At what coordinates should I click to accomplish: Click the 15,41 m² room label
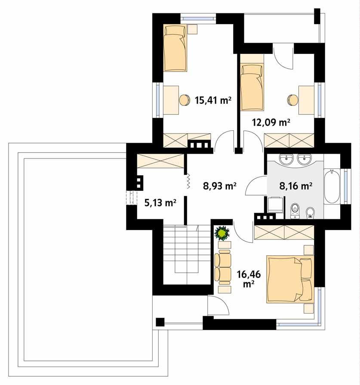pos(213,100)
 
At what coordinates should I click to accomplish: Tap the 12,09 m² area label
pos(271,123)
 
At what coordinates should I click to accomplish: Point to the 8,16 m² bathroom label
pos(295,186)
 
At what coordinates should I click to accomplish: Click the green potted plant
pos(222,234)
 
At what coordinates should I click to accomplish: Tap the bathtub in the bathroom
pos(332,187)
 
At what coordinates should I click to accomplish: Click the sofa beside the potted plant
pos(223,267)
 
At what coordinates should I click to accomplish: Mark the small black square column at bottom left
pos(160,322)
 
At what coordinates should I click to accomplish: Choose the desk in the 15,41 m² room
pos(171,99)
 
